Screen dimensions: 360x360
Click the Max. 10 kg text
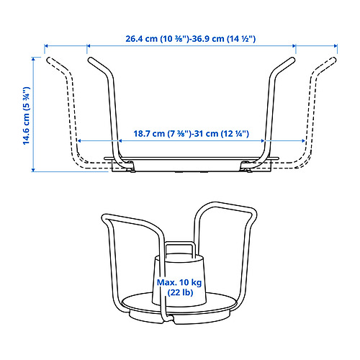pos(179,283)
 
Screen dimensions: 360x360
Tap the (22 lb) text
pos(179,294)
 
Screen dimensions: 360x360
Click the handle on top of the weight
pos(180,248)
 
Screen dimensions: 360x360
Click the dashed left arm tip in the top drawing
pos(48,60)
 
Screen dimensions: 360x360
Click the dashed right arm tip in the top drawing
pos(335,60)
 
